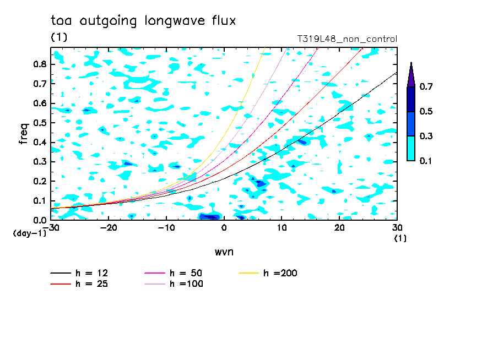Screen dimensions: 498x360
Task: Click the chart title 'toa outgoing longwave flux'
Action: pos(143,21)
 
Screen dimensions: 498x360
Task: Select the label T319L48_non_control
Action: pos(347,39)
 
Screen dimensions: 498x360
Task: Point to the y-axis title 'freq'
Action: pos(24,134)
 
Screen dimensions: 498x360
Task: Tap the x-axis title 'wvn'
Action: pos(224,252)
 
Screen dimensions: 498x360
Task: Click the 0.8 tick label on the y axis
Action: pos(40,64)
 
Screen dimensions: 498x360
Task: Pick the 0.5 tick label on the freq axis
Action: pos(40,123)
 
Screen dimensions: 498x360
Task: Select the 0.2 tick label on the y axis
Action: pos(40,181)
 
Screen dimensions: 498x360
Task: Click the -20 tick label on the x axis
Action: pos(109,228)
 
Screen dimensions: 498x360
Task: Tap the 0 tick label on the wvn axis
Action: pos(224,228)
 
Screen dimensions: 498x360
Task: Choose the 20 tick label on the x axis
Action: pos(339,228)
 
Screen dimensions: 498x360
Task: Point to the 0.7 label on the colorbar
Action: pos(426,86)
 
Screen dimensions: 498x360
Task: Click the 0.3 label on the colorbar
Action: pos(426,136)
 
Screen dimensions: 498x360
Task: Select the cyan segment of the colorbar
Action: pos(411,148)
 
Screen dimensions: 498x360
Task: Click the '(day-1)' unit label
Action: pos(29,233)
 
